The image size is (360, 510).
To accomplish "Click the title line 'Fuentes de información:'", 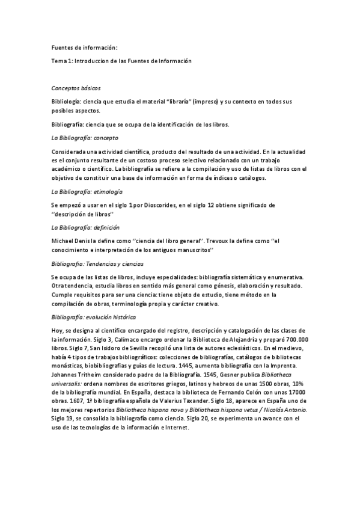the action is [84, 48].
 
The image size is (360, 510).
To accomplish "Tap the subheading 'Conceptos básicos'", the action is [76, 88].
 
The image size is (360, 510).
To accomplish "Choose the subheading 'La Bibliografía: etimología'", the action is [87, 191].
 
